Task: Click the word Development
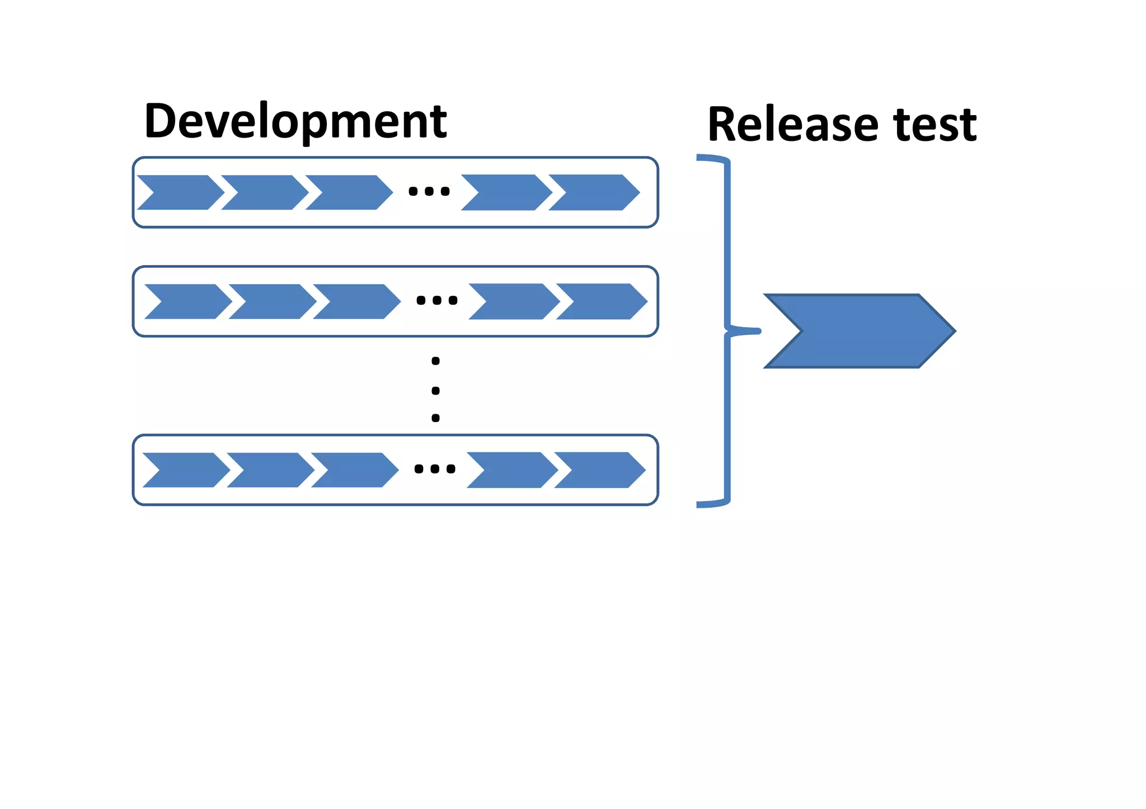pyautogui.click(x=295, y=121)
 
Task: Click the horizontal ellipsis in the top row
pyautogui.click(x=429, y=192)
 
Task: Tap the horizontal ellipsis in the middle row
pyautogui.click(x=437, y=301)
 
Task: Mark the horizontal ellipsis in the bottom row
pyautogui.click(x=435, y=469)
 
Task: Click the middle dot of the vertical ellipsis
pyautogui.click(x=436, y=390)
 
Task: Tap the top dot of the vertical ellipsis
pyautogui.click(x=436, y=361)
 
